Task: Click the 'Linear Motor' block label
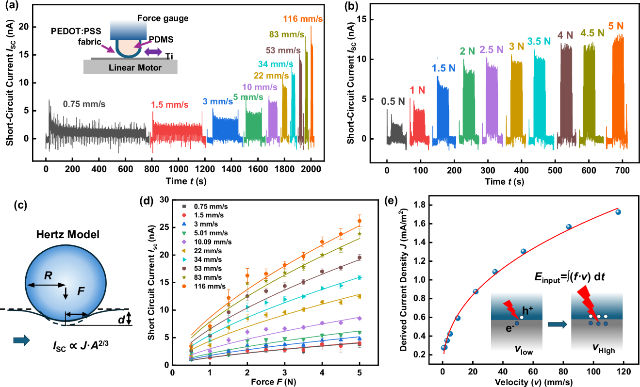click(x=131, y=67)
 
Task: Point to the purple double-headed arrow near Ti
click(x=153, y=51)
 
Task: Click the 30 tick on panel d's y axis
click(x=164, y=199)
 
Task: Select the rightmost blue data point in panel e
click(x=618, y=212)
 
